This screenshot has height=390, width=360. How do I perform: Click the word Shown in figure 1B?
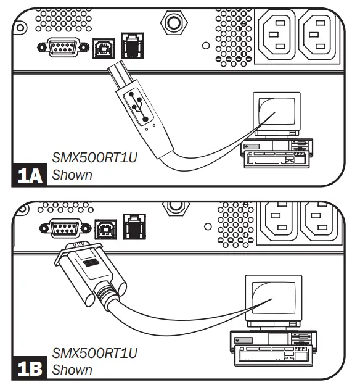pos(72,370)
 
